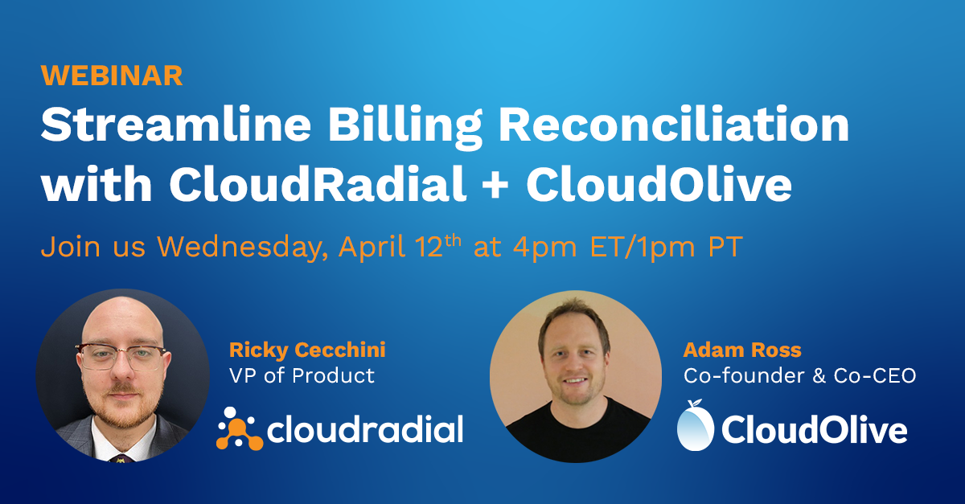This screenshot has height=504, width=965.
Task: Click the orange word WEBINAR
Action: coord(112,75)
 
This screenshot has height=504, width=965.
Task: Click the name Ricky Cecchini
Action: coord(307,350)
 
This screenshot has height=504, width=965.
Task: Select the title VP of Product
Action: coord(302,375)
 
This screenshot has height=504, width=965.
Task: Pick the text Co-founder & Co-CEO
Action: coord(799,375)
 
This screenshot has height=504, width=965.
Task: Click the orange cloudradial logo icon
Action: coord(238,429)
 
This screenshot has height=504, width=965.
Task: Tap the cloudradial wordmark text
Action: coord(364,429)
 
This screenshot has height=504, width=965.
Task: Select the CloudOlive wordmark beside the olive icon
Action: coord(814,431)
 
